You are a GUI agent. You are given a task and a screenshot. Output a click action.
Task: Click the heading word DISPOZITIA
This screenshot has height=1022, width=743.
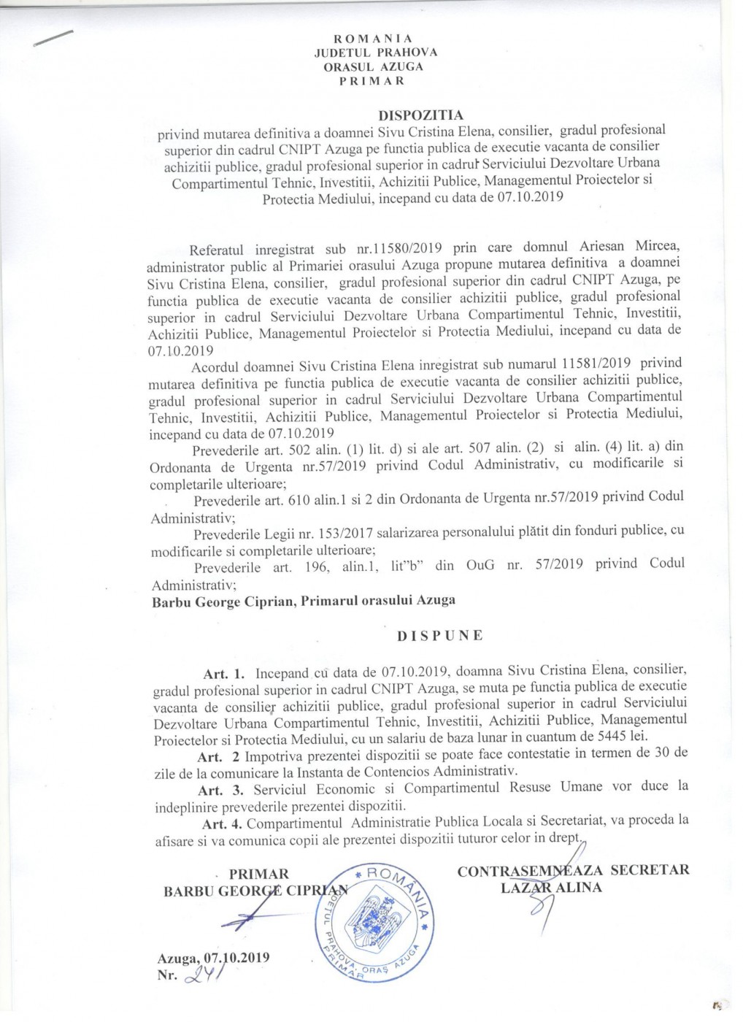point(421,115)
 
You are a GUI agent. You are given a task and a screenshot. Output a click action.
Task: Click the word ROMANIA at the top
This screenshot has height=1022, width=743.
point(373,38)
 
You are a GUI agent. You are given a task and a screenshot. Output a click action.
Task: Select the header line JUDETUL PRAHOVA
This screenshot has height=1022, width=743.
point(375,52)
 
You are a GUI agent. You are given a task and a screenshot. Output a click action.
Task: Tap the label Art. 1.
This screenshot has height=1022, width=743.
point(223,674)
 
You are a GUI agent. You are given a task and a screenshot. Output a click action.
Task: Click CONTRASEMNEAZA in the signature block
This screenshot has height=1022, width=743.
point(530,870)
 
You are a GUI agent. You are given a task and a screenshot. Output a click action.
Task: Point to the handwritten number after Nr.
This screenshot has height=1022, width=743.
point(204,976)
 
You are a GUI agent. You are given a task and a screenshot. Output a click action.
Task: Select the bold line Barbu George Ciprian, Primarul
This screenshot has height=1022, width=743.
point(303,601)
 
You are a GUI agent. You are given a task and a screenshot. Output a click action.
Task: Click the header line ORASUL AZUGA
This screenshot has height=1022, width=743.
point(374,66)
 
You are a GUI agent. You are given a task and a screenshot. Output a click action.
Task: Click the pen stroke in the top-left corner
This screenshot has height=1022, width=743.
point(53,39)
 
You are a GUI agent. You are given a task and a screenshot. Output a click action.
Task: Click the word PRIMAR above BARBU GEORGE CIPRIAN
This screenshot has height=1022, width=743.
point(258,874)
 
